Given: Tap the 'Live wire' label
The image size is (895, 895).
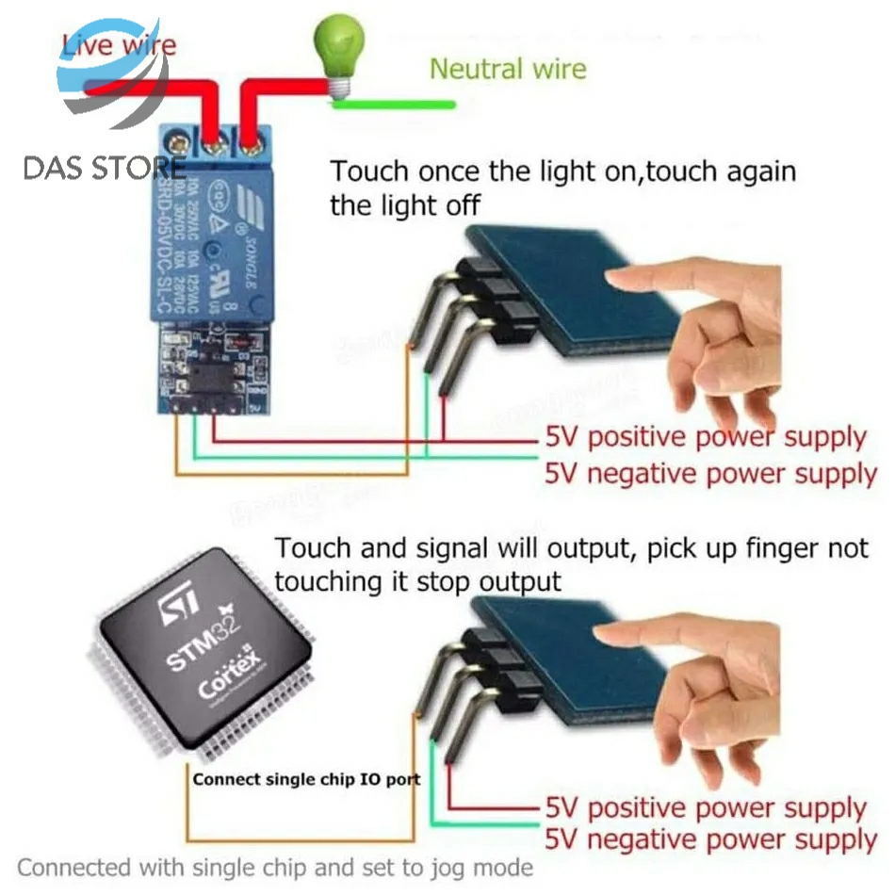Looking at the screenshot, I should coord(119,45).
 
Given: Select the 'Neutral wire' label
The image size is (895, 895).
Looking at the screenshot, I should coord(507,69).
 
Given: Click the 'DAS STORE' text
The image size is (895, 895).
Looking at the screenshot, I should coord(104,169).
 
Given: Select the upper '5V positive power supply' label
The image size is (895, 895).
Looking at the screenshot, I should coord(706,438).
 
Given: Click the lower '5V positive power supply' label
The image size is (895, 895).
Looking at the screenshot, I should coord(706,808).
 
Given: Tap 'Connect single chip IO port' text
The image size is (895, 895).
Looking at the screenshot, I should coord(306,779).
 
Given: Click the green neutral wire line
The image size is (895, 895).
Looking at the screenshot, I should coord(396,103).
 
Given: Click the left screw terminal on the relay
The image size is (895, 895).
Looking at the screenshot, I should coord(214,145).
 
